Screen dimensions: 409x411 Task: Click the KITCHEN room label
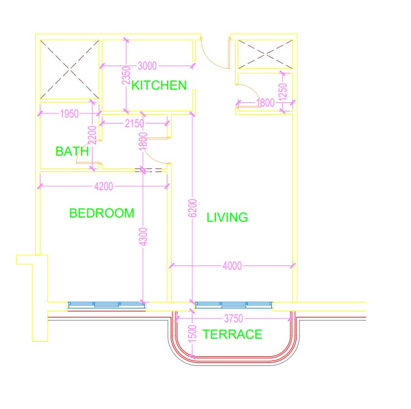pyautogui.click(x=159, y=85)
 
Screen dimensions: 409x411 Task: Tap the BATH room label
pyautogui.click(x=72, y=151)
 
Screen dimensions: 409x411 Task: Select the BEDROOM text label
pyautogui.click(x=101, y=213)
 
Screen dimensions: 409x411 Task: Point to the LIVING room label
pyautogui.click(x=227, y=218)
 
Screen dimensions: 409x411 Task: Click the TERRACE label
pyautogui.click(x=232, y=334)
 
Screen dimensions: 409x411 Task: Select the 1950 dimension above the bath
pyautogui.click(x=69, y=113)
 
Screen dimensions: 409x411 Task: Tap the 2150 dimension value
pyautogui.click(x=134, y=124)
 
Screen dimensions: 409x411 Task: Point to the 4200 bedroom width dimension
pyautogui.click(x=103, y=187)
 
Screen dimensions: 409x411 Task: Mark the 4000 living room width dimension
pyautogui.click(x=232, y=265)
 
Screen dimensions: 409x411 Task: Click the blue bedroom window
pyautogui.click(x=107, y=305)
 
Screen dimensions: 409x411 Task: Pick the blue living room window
pyautogui.click(x=234, y=305)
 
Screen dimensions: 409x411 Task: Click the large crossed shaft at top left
pyautogui.click(x=69, y=69)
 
